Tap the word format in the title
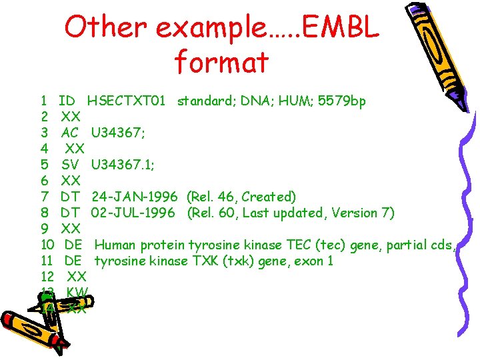[x=221, y=62]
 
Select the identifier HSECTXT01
[x=126, y=101]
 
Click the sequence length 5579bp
[x=342, y=101]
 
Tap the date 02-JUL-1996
[x=133, y=213]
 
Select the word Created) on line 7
[x=269, y=197]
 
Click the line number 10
[x=47, y=245]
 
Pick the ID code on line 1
[x=67, y=101]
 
